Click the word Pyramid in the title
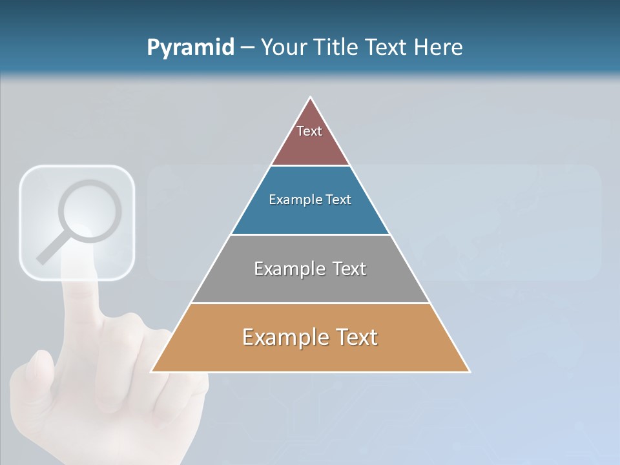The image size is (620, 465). tap(190, 48)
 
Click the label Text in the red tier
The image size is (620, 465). tap(309, 131)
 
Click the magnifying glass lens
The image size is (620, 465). tap(90, 211)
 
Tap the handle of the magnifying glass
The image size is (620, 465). tap(49, 253)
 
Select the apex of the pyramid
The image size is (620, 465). tap(311, 99)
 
